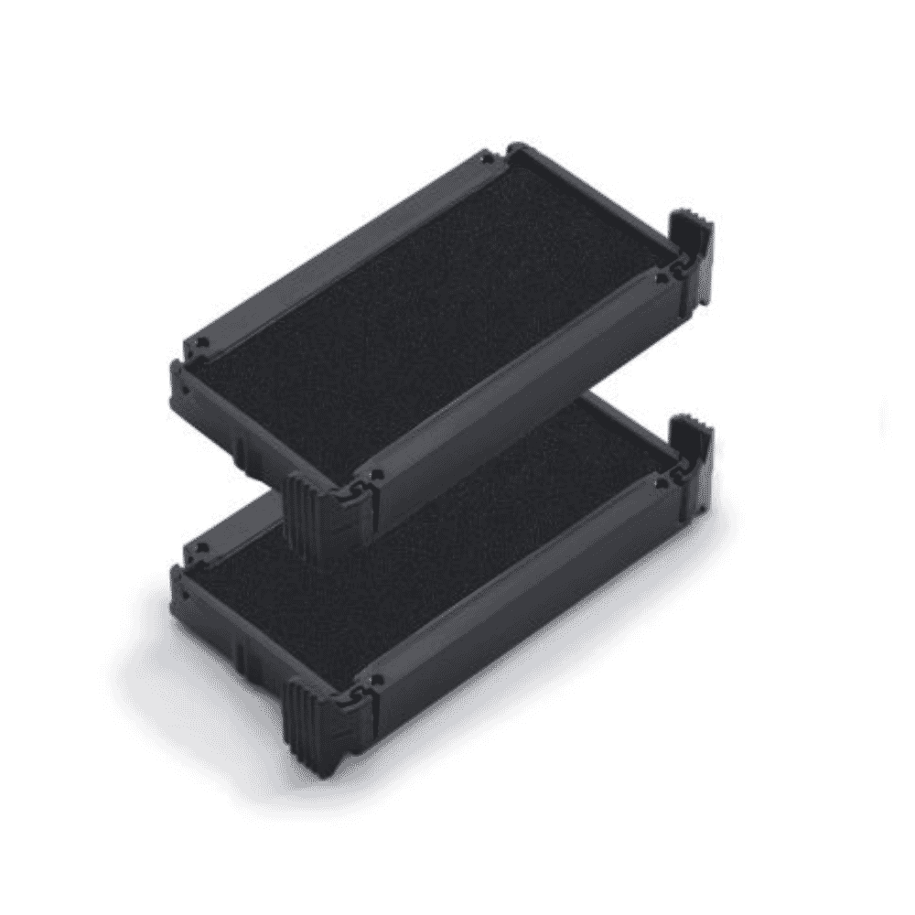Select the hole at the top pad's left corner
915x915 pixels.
(203, 346)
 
